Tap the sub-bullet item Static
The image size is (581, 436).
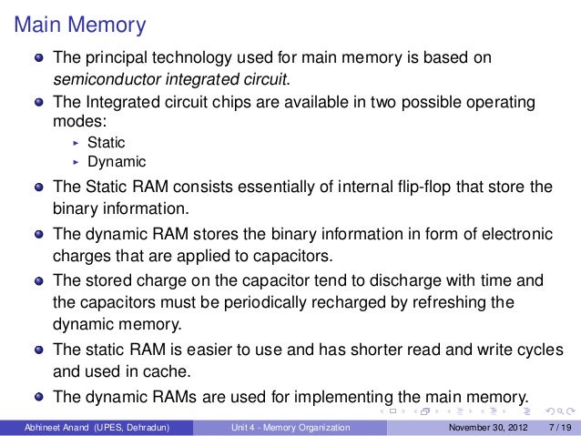click(x=106, y=142)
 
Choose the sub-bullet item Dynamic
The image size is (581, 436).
click(x=116, y=162)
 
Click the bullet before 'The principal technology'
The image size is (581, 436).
click(x=38, y=58)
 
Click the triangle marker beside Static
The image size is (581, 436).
click(x=76, y=143)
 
